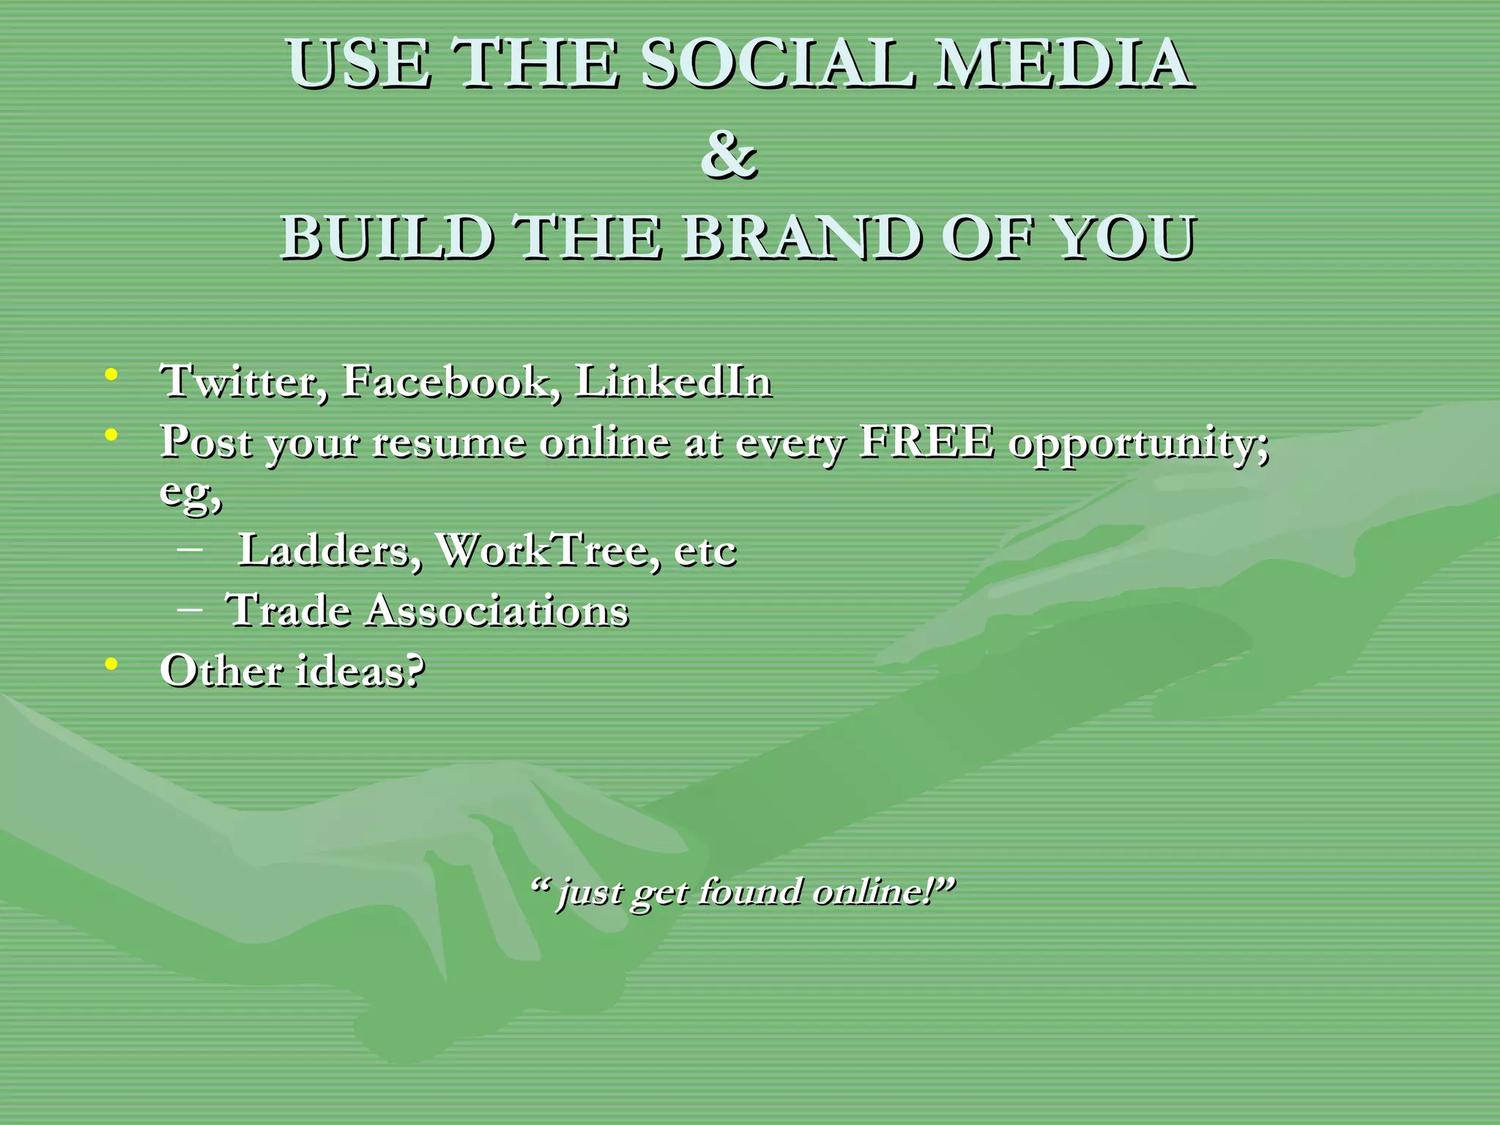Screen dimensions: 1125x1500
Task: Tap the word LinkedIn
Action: point(673,382)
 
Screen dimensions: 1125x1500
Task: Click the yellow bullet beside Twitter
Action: point(111,375)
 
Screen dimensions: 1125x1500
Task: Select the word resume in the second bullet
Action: point(449,443)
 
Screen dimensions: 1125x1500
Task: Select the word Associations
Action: point(497,610)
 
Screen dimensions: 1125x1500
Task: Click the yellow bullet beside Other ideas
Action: point(111,664)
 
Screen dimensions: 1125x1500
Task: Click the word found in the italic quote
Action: point(749,892)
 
